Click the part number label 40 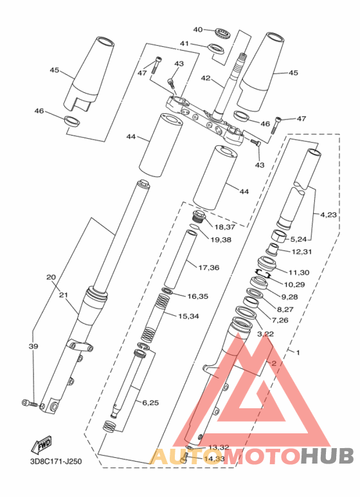198,30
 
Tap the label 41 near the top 184,44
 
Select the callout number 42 206,78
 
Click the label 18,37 225,227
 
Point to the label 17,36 209,267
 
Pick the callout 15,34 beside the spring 188,316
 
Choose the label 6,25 150,403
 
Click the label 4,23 328,215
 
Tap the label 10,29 294,284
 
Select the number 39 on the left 33,347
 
